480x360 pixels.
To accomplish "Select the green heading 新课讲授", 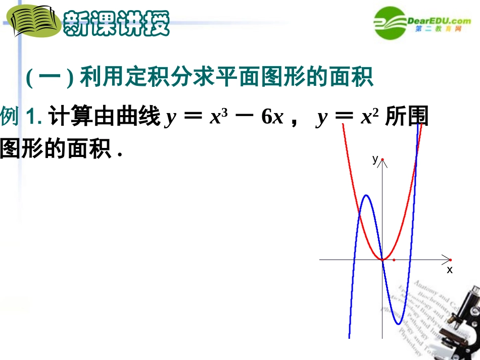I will point(116,23).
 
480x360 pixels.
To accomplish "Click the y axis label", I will point(375,160).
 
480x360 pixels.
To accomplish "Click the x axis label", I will point(449,270).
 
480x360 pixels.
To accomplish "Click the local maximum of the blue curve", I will point(366,195).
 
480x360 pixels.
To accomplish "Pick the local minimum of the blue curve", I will point(398,324).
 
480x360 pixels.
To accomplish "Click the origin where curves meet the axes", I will point(382,260).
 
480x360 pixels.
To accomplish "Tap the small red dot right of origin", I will point(394,260).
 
